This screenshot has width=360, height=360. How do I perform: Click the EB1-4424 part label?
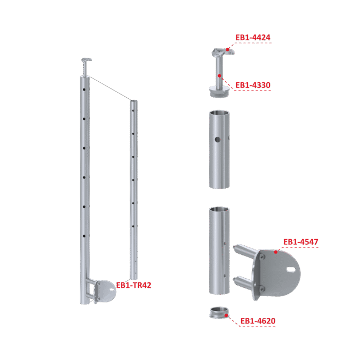253,38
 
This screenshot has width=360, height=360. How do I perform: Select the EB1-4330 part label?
253,85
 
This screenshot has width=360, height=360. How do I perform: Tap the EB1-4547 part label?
300,242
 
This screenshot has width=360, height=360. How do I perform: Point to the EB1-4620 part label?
258,321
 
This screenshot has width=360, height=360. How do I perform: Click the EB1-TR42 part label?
134,285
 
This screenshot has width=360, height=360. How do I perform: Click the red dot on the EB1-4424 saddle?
227,49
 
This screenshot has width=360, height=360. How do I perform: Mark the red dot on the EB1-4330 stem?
220,76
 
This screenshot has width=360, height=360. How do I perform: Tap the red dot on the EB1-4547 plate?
276,252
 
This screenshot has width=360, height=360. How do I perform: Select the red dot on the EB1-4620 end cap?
226,315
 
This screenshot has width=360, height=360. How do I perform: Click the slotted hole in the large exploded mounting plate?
291,268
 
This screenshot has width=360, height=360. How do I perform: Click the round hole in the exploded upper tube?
218,139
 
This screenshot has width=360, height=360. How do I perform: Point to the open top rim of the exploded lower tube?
219,209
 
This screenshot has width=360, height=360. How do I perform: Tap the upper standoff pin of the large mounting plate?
245,251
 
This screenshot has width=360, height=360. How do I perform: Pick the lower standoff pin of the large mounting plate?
244,282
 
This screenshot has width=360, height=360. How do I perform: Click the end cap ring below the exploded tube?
219,313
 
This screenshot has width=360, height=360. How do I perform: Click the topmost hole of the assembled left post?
84,89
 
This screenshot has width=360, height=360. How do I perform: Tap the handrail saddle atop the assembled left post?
86,60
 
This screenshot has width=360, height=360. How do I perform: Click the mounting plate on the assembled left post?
105,291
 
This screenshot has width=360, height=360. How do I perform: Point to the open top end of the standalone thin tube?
134,101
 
